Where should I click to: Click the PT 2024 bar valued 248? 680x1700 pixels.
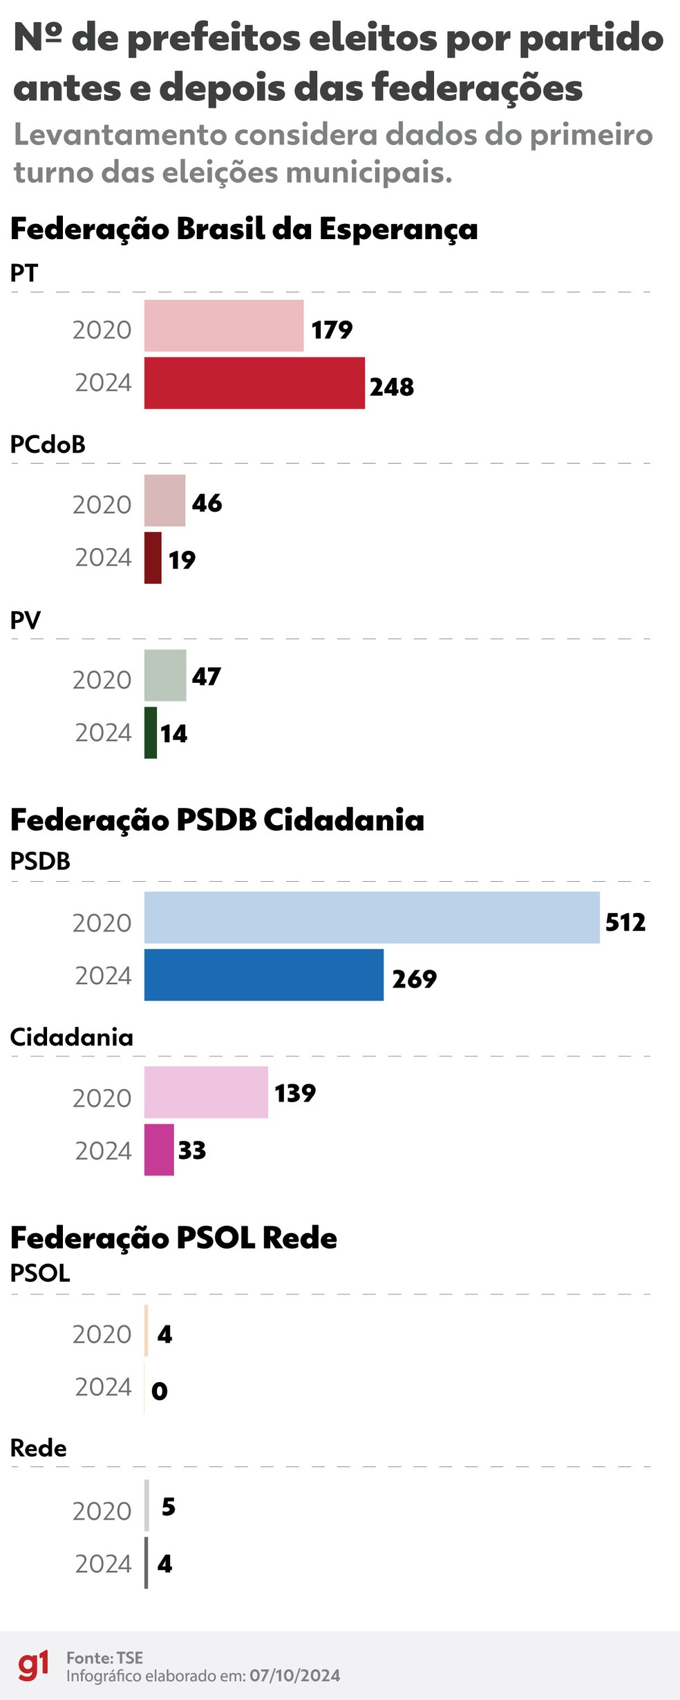254,383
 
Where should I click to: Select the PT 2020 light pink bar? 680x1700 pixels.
224,325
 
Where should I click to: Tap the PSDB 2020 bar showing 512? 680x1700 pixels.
372,917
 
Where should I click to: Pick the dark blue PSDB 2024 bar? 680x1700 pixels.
264,974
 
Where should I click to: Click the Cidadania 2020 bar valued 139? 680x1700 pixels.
206,1092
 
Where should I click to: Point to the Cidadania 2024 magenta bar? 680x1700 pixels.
159,1149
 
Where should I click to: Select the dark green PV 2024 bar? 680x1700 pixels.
151,733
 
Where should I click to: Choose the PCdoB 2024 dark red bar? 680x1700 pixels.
153,558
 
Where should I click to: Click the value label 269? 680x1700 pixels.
415,979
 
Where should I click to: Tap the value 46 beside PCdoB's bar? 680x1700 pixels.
207,503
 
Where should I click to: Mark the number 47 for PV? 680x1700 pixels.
207,677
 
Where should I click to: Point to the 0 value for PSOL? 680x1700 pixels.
160,1390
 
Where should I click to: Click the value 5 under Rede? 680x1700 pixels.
169,1507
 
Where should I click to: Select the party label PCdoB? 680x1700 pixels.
48,444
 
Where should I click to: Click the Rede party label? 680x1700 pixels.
39,1448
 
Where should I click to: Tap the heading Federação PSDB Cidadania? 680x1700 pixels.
217,820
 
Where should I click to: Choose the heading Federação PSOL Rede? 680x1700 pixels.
173,1238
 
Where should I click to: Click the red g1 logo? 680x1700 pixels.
33,1665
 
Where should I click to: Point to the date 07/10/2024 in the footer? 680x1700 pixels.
295,1675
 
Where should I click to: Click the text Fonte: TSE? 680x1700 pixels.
105,1657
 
